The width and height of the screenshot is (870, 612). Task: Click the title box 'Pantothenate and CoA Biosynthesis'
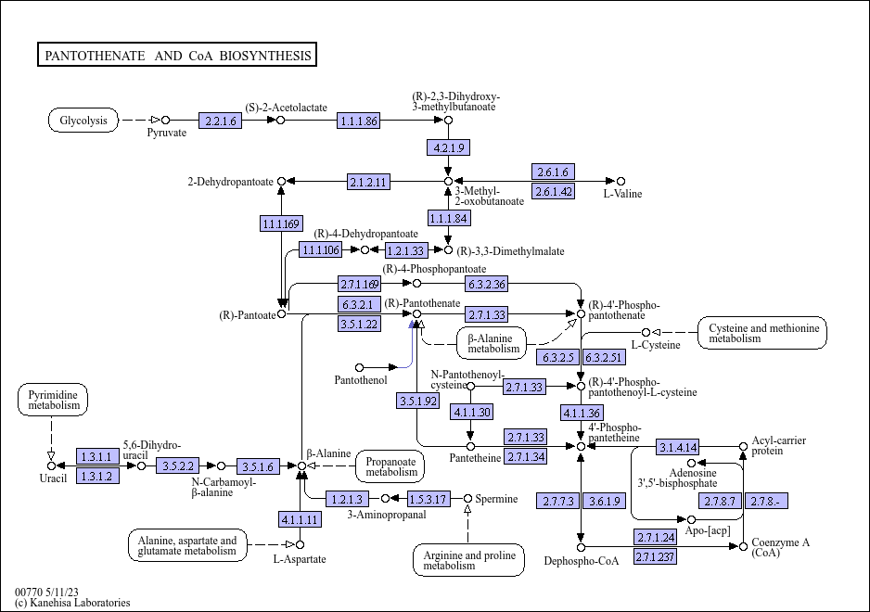(x=177, y=56)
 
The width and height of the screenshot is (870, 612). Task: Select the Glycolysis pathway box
(x=83, y=121)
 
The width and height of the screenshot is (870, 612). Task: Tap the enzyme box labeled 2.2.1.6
(x=220, y=121)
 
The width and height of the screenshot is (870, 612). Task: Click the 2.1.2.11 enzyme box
(x=368, y=182)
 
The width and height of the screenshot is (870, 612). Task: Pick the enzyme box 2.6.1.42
(x=554, y=192)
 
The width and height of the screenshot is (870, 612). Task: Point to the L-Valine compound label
(x=622, y=194)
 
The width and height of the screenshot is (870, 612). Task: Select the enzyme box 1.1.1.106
(x=321, y=250)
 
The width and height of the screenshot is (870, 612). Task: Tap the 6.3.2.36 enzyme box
(x=486, y=284)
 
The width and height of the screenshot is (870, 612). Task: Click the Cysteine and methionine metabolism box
(x=763, y=333)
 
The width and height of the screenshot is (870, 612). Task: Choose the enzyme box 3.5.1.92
(x=417, y=402)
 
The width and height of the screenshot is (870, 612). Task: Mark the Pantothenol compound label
(x=361, y=380)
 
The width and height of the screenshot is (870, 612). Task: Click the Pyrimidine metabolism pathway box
(x=53, y=401)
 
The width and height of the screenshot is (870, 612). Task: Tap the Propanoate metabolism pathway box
(x=391, y=465)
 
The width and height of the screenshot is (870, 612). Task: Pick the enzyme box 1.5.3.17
(x=429, y=500)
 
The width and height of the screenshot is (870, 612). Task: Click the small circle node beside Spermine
(x=468, y=499)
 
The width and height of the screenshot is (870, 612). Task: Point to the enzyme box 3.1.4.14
(x=678, y=447)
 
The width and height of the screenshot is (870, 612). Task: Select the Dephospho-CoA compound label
(x=582, y=560)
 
